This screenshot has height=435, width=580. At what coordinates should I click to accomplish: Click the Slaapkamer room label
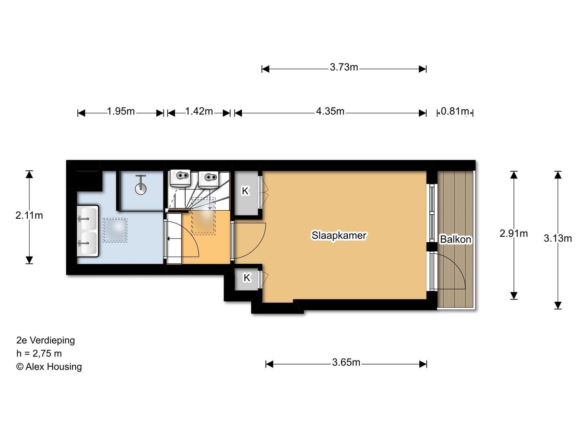pos(339,235)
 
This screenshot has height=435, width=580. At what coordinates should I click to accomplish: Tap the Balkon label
pos(455,239)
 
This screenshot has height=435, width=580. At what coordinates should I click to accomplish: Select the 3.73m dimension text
pos(344,67)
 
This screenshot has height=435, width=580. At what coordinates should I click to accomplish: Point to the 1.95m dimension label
pos(121,111)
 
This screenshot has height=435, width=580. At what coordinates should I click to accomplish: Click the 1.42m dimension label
pos(199,111)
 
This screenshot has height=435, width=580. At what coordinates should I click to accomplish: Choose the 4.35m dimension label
pos(330,111)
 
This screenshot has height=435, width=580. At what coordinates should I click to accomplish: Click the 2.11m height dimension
pos(29,215)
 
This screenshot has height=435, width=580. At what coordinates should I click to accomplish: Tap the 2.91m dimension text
pos(514,233)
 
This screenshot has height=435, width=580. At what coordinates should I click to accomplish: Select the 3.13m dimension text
pos(557,238)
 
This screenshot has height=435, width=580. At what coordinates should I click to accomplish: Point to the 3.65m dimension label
pos(346,362)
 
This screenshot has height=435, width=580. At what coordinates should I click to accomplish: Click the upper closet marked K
pos(246,193)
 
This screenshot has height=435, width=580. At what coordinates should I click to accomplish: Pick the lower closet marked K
pos(246,279)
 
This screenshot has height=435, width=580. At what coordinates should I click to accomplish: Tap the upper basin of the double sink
pos(88,219)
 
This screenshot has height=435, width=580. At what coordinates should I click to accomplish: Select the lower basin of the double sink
pos(88,243)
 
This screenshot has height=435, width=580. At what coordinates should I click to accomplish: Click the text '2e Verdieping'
pos(46,340)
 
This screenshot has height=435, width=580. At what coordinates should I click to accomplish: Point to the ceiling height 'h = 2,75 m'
pos(39,353)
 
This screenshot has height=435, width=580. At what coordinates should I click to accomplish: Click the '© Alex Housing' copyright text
pos(49,367)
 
